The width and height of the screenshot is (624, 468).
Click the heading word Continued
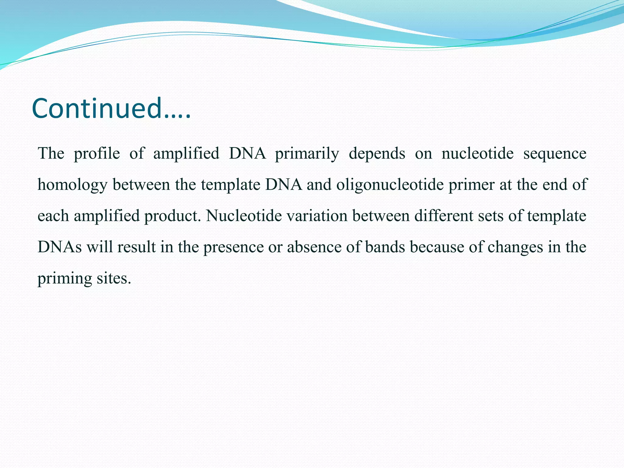coord(111,109)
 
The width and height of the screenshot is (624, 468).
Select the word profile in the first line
coord(97,153)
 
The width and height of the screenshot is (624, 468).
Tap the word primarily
coord(307,153)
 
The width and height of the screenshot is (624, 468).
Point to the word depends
coord(377,153)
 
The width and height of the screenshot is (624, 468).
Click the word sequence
coord(555,153)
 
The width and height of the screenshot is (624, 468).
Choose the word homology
coord(73,185)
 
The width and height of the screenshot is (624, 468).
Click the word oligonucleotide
coord(390,185)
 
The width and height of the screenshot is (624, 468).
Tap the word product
coord(172,216)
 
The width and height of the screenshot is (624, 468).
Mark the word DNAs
coord(59,247)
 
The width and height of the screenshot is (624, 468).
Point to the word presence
coord(233,247)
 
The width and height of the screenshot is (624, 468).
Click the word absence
coord(314,247)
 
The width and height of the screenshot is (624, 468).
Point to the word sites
coord(114,278)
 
